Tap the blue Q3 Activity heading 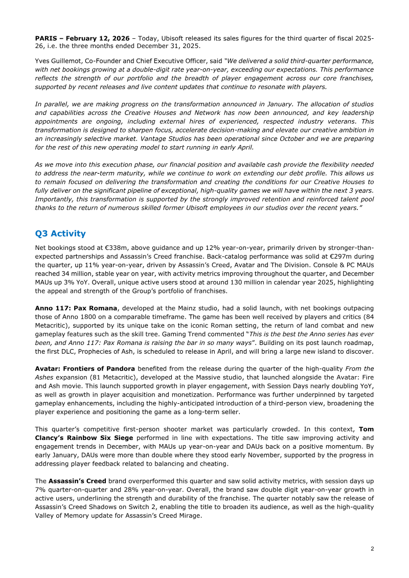click(x=60, y=234)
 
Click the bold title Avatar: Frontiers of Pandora click(x=85, y=368)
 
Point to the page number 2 click(x=372, y=548)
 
